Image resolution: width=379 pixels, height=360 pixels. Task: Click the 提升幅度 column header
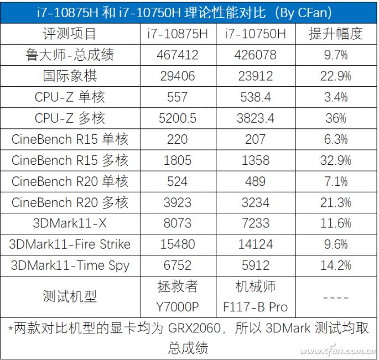pos(335,34)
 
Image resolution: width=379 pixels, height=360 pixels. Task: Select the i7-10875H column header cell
pos(178,34)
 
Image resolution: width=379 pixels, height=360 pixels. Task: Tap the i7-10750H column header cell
pos(256,34)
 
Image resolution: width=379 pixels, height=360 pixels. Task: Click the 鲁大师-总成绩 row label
pos(70,55)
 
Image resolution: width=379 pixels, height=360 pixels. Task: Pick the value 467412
pos(178,55)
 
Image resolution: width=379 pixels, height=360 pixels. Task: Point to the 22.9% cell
pos(335,76)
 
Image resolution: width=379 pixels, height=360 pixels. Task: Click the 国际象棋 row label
pos(70,76)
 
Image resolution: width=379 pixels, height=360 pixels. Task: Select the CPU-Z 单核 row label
pos(70,97)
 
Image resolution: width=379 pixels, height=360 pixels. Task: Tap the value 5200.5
pos(178,118)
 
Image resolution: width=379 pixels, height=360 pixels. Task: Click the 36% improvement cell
pos(335,118)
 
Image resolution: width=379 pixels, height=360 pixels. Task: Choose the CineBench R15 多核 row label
pos(70,160)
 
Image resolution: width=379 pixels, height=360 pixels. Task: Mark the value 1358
pos(256,160)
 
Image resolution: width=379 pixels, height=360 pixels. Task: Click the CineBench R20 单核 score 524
pos(178,181)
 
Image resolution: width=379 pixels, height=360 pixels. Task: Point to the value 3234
pos(256,202)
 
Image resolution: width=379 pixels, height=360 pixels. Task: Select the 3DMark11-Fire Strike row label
pos(70,244)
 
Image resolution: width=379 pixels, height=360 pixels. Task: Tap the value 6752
pos(178,265)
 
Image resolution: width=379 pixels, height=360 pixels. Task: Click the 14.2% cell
pos(335,265)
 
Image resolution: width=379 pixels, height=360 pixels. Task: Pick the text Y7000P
pos(178,306)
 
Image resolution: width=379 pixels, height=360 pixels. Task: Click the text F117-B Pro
pos(256,306)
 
